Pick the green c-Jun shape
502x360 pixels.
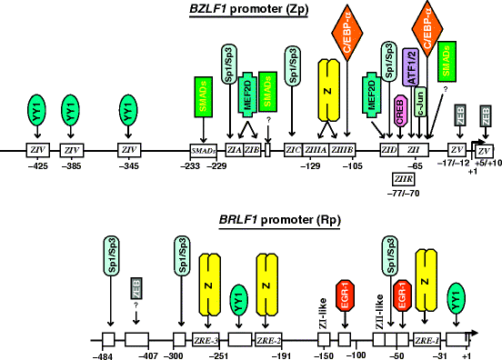click(x=421, y=118)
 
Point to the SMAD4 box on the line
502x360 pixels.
click(x=202, y=150)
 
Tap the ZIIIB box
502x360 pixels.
click(x=342, y=150)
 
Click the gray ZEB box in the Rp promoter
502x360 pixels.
click(x=136, y=289)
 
